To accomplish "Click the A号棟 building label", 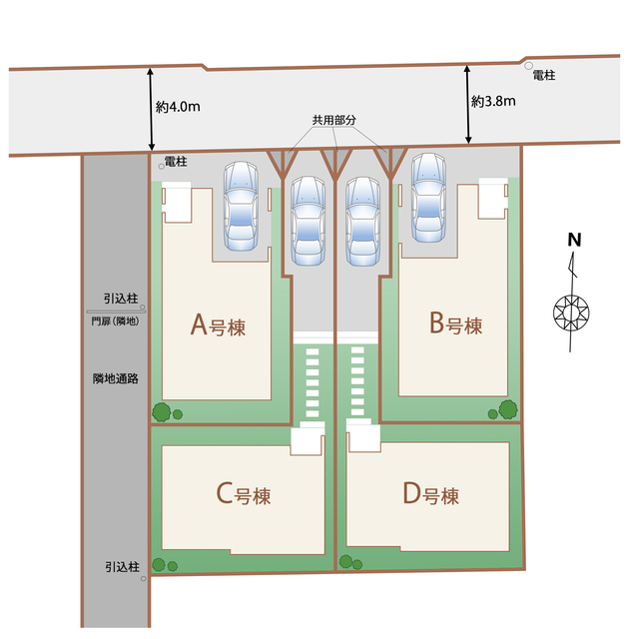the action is click(x=218, y=325).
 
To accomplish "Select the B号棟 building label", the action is click(x=456, y=323).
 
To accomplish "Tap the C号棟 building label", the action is click(x=244, y=494).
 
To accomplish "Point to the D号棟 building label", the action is click(x=431, y=494).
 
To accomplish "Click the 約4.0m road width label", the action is click(x=178, y=107).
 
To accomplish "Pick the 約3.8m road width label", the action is click(x=493, y=101).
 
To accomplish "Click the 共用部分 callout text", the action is click(x=334, y=120).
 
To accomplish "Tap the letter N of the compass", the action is click(x=574, y=240).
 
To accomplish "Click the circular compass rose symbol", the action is click(x=571, y=313).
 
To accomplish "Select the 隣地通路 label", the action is click(x=116, y=378).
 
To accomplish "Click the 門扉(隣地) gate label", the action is click(x=116, y=321).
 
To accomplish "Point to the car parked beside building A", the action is click(x=241, y=206).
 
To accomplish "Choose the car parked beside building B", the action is click(x=428, y=198).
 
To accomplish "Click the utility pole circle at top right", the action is click(x=528, y=66).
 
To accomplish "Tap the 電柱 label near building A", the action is click(x=176, y=162).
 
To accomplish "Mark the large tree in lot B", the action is click(x=508, y=409).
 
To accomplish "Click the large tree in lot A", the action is click(x=162, y=412).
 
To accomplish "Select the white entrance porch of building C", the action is click(x=308, y=441).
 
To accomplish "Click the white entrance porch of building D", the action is click(x=363, y=437).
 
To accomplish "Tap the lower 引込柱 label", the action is click(x=122, y=567).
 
